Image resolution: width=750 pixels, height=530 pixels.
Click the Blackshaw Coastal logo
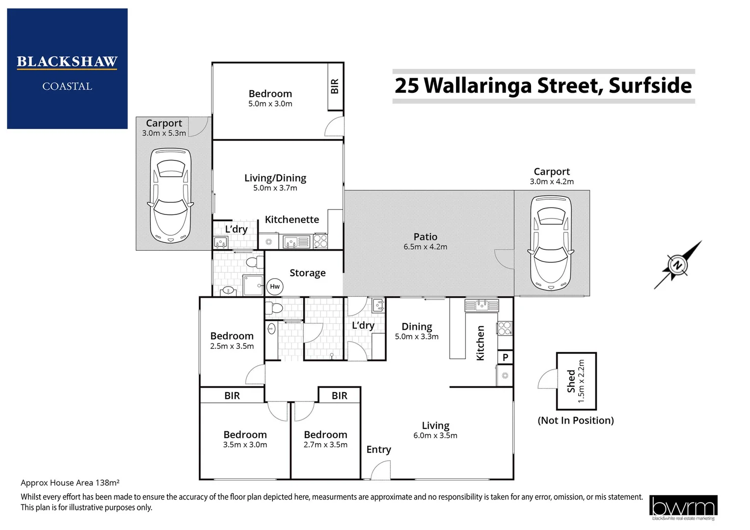(x=67, y=69)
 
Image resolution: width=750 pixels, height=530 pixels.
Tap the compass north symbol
(x=678, y=265)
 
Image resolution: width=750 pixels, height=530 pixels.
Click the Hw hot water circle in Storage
(x=274, y=287)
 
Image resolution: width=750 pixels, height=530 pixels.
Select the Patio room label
(x=425, y=237)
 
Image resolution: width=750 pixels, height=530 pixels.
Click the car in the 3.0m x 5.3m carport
(x=171, y=195)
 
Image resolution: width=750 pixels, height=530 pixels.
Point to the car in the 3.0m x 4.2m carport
(x=550, y=242)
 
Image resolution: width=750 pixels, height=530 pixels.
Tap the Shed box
(x=576, y=381)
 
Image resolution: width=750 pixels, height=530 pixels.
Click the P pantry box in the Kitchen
(x=505, y=357)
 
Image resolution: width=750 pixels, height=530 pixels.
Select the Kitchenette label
(x=292, y=219)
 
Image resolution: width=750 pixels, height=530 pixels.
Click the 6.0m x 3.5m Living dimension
(x=435, y=436)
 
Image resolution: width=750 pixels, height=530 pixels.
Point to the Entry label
(x=378, y=450)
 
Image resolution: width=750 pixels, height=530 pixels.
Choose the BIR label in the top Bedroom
(x=335, y=86)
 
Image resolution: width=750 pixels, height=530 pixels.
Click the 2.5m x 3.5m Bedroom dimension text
(x=232, y=346)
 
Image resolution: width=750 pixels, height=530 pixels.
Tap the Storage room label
(x=307, y=273)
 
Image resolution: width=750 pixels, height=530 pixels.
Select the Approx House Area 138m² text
(x=70, y=483)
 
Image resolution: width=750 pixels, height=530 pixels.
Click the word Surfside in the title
(x=650, y=85)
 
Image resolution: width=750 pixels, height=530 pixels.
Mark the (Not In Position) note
(x=576, y=421)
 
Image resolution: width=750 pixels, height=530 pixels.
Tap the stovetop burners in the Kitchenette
(x=320, y=241)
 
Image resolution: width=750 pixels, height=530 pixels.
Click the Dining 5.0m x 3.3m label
(x=417, y=331)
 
